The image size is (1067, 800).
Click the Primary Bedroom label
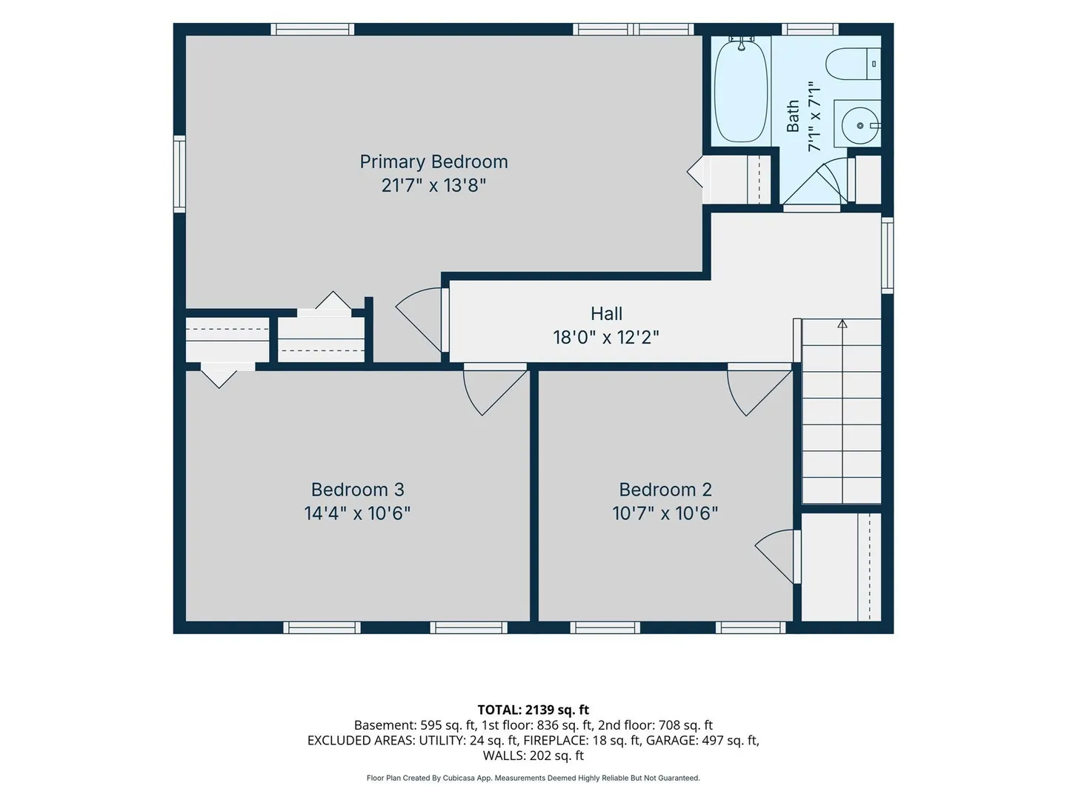pos(433,161)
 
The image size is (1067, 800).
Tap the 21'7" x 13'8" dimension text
pos(433,185)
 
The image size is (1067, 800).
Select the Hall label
pos(606,313)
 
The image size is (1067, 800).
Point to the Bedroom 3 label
pos(357,489)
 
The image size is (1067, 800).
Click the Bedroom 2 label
pos(665,489)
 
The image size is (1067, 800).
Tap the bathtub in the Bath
pos(741,91)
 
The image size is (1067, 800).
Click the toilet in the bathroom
pos(853,64)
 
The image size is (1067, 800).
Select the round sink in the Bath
pos(860,125)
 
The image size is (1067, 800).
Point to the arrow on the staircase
pos(842,324)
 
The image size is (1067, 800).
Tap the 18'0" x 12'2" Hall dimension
pos(605,337)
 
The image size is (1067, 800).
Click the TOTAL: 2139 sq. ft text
pos(533,710)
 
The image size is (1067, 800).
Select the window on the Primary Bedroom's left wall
pos(180,173)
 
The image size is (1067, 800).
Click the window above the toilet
pos(810,29)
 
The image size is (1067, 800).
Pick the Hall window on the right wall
pos(887,255)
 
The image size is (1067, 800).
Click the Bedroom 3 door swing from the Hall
pos(494,389)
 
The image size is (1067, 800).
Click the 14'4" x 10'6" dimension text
pos(357,513)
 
